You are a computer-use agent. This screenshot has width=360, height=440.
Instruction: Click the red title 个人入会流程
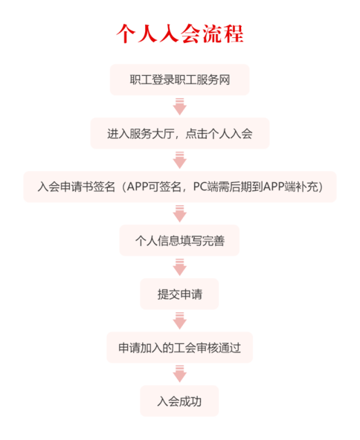pyautogui.click(x=179, y=33)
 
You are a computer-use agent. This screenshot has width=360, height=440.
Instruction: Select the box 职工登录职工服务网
pyautogui.click(x=179, y=80)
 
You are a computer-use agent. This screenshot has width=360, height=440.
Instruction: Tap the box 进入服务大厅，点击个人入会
pyautogui.click(x=179, y=134)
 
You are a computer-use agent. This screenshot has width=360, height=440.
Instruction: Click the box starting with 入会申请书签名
pyautogui.click(x=179, y=187)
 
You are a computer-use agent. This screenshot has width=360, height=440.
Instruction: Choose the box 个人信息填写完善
pyautogui.click(x=179, y=240)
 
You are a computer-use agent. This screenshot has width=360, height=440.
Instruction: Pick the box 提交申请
pyautogui.click(x=179, y=294)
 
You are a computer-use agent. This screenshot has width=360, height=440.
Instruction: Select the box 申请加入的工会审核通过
pyautogui.click(x=179, y=347)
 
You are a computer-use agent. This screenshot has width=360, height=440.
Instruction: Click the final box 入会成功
pyautogui.click(x=179, y=401)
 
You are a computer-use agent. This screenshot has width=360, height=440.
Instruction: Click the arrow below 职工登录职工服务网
pyautogui.click(x=179, y=107)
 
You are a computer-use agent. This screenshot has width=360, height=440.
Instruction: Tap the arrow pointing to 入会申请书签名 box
pyautogui.click(x=179, y=160)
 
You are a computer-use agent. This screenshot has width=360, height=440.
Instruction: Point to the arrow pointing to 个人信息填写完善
pyautogui.click(x=179, y=213)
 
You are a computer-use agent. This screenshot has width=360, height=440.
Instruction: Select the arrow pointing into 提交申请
pyautogui.click(x=179, y=267)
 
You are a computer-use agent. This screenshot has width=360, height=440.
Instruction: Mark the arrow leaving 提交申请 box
pyautogui.click(x=179, y=320)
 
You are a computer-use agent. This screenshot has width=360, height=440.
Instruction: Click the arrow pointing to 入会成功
pyautogui.click(x=179, y=374)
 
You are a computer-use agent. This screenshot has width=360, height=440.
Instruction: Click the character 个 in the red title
pyautogui.click(x=126, y=33)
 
